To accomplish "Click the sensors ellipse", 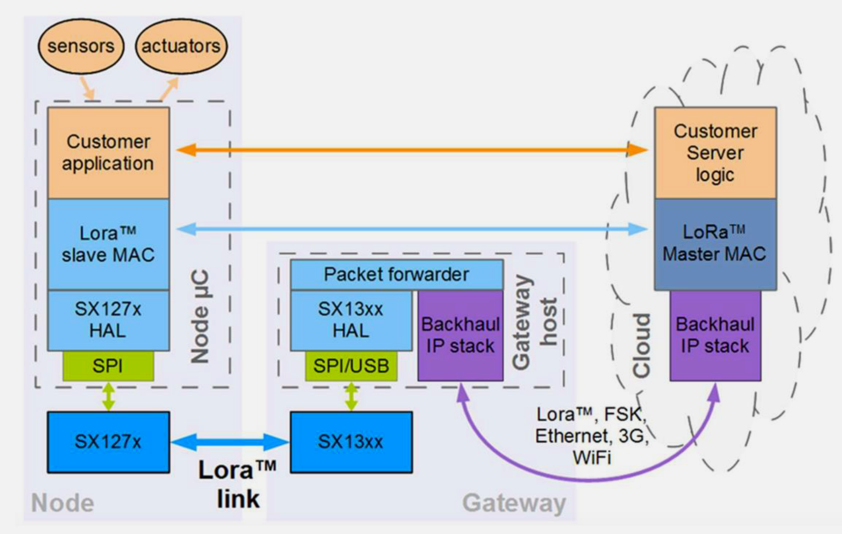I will [80, 46].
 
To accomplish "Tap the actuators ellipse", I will [181, 46].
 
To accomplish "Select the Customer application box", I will [108, 153].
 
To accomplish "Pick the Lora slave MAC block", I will [108, 244].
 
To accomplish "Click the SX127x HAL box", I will [108, 320].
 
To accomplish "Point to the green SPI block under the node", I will [108, 366].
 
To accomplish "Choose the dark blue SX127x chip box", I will [108, 442].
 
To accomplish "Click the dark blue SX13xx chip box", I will [351, 442].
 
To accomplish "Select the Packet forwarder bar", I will [396, 274].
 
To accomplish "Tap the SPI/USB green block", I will [351, 366].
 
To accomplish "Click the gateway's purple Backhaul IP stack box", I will [460, 335].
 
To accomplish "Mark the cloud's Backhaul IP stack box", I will [715, 335].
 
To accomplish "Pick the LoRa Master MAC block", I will [715, 244].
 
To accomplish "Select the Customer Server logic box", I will [715, 153].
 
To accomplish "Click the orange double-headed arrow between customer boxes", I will [412, 150].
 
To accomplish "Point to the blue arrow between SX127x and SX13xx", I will [230, 442].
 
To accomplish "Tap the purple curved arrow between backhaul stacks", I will [585, 478].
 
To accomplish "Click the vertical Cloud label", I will [642, 345].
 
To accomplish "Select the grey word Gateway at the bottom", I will [514, 503].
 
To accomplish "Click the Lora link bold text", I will [237, 484].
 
